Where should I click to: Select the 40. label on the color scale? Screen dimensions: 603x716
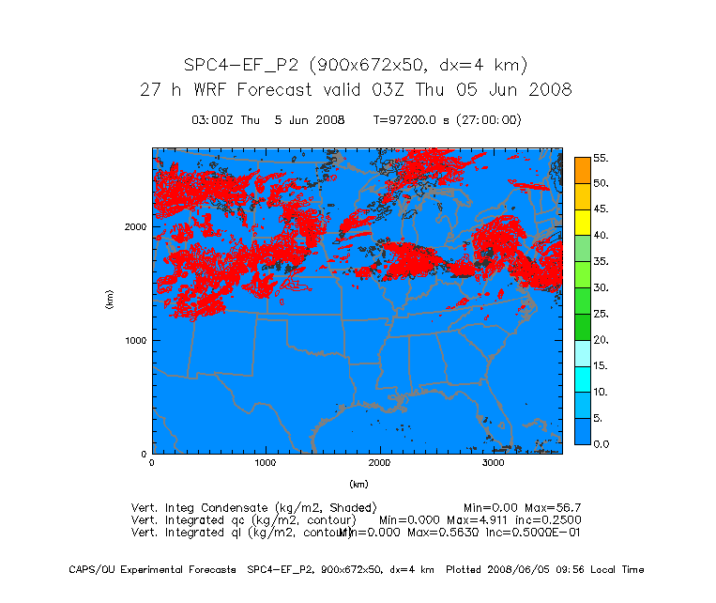click(602, 235)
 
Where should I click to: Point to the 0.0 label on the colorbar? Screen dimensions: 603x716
click(602, 443)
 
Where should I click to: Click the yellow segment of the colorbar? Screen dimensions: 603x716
click(582, 222)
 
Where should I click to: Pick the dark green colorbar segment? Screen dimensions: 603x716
click(582, 326)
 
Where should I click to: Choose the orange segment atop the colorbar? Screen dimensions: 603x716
click(582, 169)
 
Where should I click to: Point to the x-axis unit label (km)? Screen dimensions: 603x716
click(358, 485)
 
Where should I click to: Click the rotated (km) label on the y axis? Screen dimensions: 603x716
click(109, 301)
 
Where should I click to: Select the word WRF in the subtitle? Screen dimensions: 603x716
click(217, 91)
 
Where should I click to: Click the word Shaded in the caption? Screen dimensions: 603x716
click(348, 507)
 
